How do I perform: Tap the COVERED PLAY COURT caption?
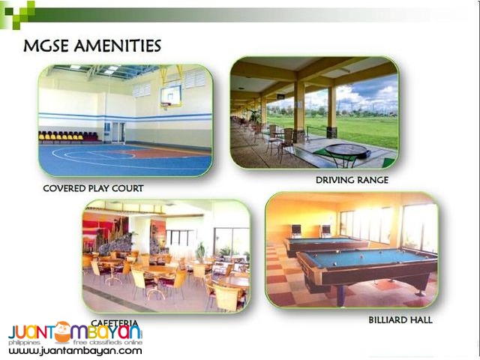pyautogui.click(x=93, y=188)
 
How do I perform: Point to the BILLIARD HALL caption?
pyautogui.click(x=400, y=320)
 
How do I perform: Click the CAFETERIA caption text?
pyautogui.click(x=115, y=322)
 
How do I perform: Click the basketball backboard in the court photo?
pyautogui.click(x=170, y=95)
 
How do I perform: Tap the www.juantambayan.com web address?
pyautogui.click(x=75, y=350)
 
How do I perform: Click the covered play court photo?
pyautogui.click(x=124, y=121)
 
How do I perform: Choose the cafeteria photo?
pyautogui.click(x=166, y=255)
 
